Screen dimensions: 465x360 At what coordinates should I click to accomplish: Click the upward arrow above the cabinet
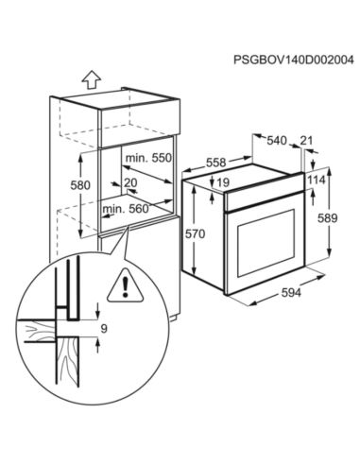[x=91, y=78]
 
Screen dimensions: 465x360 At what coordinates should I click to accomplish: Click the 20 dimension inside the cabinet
[x=129, y=183]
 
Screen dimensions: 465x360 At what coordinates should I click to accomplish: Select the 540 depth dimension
[x=276, y=142]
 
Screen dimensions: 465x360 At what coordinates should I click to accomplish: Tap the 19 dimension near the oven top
[x=224, y=182]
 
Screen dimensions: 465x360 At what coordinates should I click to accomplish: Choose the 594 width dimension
[x=290, y=295]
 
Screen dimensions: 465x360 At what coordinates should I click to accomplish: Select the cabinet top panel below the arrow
[x=118, y=100]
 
